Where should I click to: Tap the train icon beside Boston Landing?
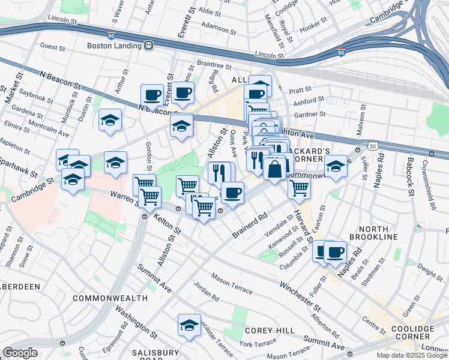148,45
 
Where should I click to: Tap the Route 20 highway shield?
373,146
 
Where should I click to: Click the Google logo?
20,353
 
